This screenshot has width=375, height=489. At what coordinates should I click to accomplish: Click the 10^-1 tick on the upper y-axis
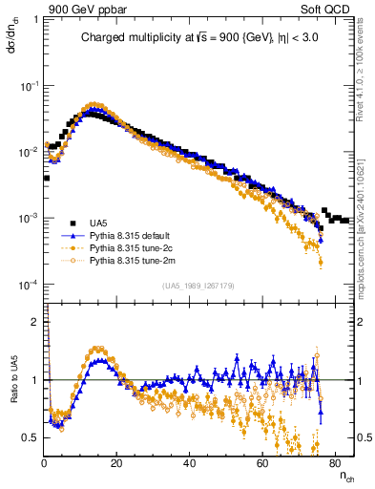pyautogui.click(x=29, y=86)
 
